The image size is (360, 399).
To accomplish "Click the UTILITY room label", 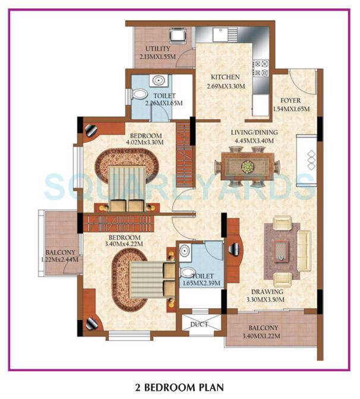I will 154,49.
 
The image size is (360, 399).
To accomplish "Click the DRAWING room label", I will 267,292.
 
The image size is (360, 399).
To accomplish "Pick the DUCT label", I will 198,325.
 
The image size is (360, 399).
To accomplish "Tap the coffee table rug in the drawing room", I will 280,244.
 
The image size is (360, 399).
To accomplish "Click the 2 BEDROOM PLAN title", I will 179,388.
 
